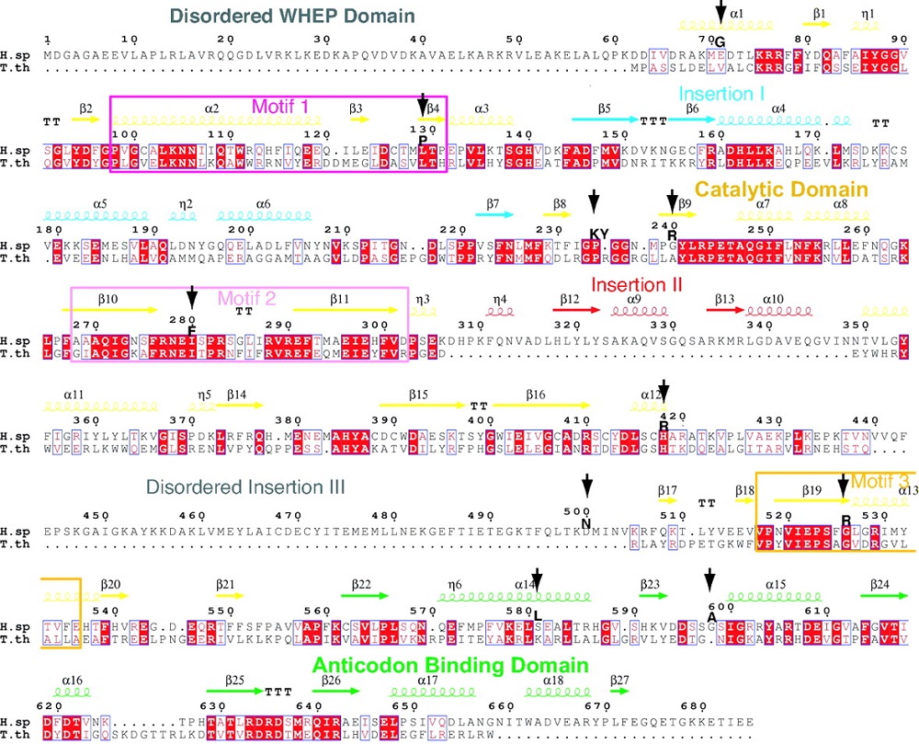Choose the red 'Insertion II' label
[x=637, y=284]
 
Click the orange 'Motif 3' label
[x=880, y=481]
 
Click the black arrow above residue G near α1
[x=721, y=11]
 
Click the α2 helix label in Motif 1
[x=212, y=109]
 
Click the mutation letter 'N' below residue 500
[x=585, y=524]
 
